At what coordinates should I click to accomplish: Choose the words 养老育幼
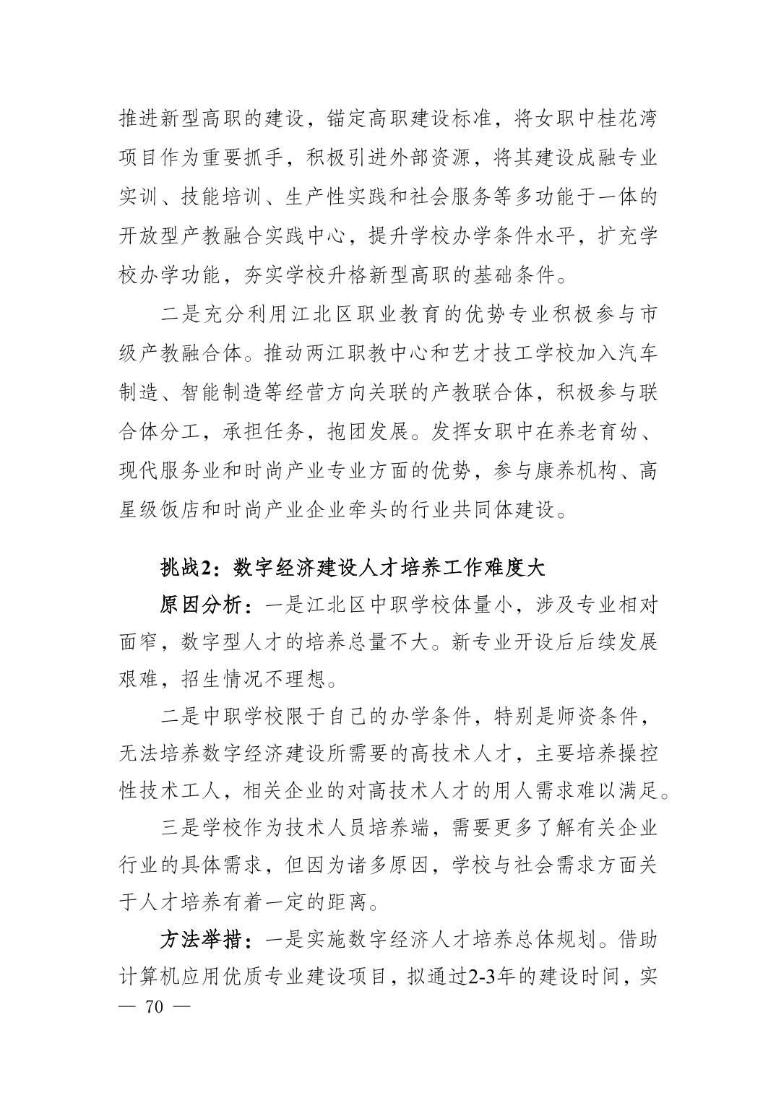[x=605, y=431]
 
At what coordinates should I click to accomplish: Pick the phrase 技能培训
[x=223, y=197]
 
